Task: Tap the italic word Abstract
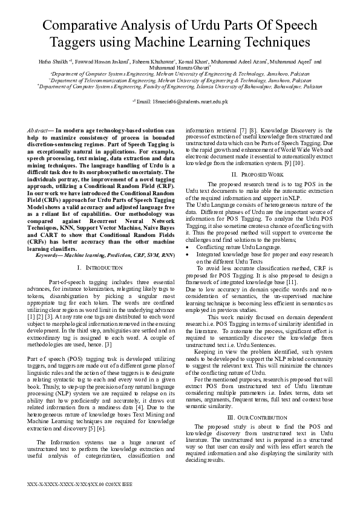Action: (39, 131)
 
